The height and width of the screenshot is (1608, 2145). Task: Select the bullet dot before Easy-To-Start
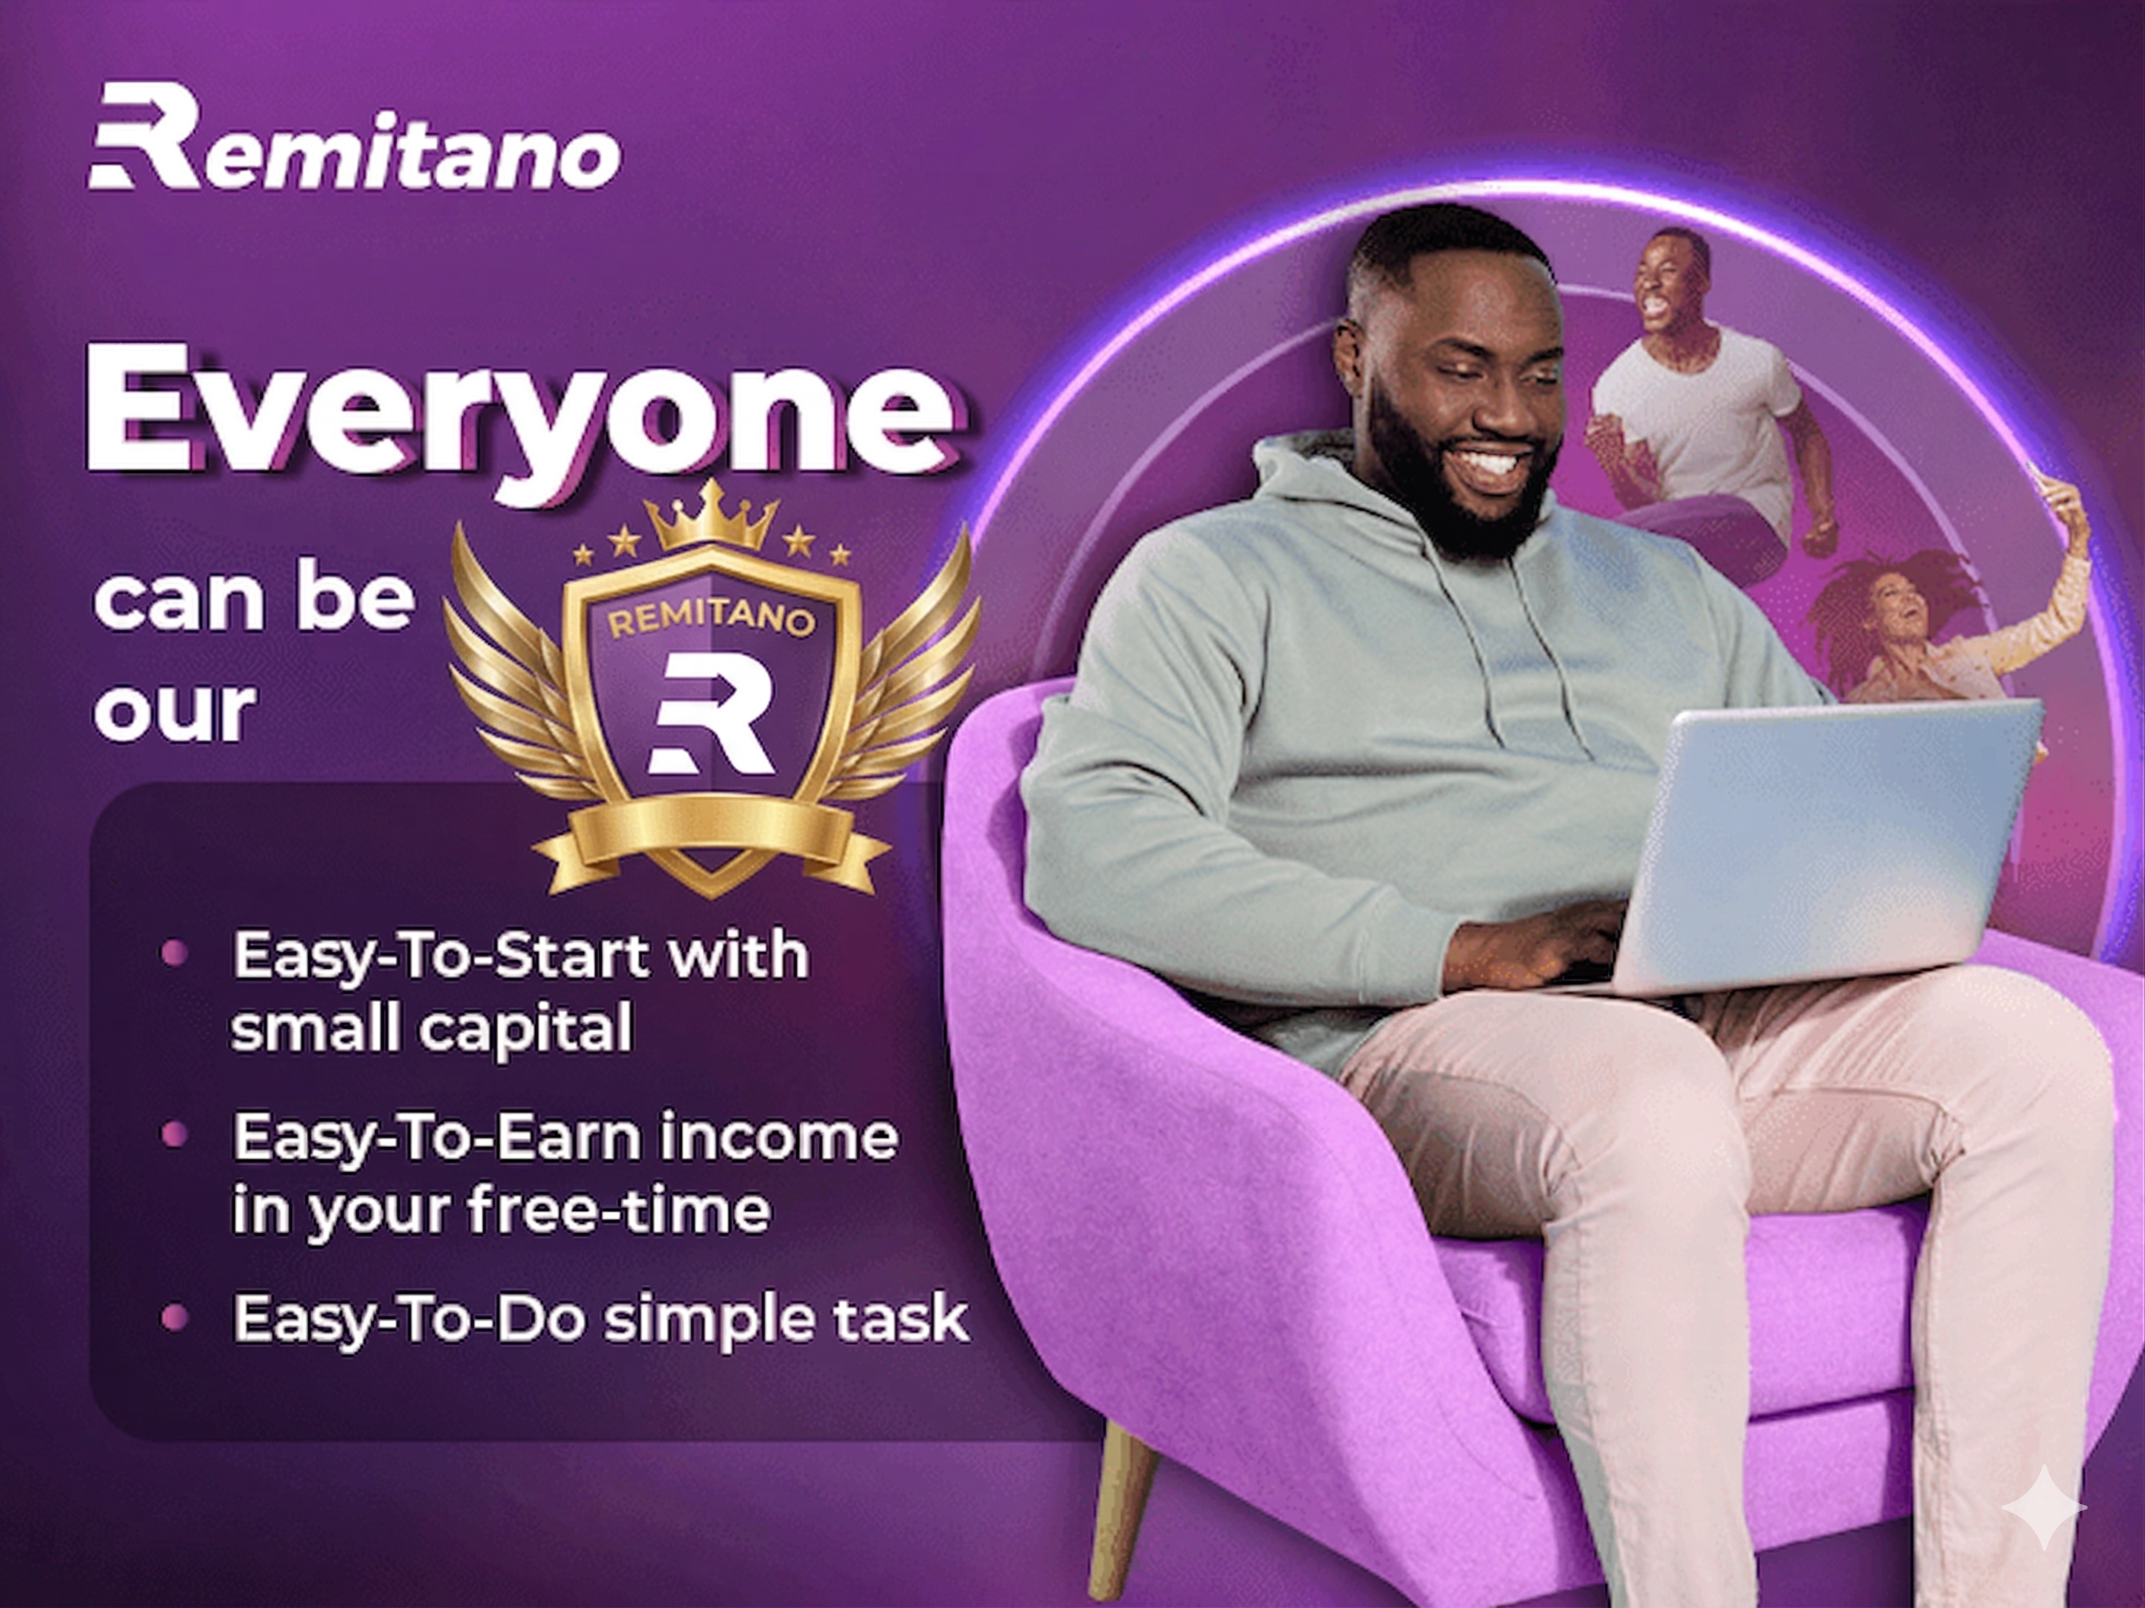[x=174, y=953]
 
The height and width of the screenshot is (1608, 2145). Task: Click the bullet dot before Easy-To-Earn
[x=174, y=1133]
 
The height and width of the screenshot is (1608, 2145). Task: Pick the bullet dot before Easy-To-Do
[x=174, y=1317]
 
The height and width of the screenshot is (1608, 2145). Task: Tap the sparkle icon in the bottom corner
[x=2044, y=1507]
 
